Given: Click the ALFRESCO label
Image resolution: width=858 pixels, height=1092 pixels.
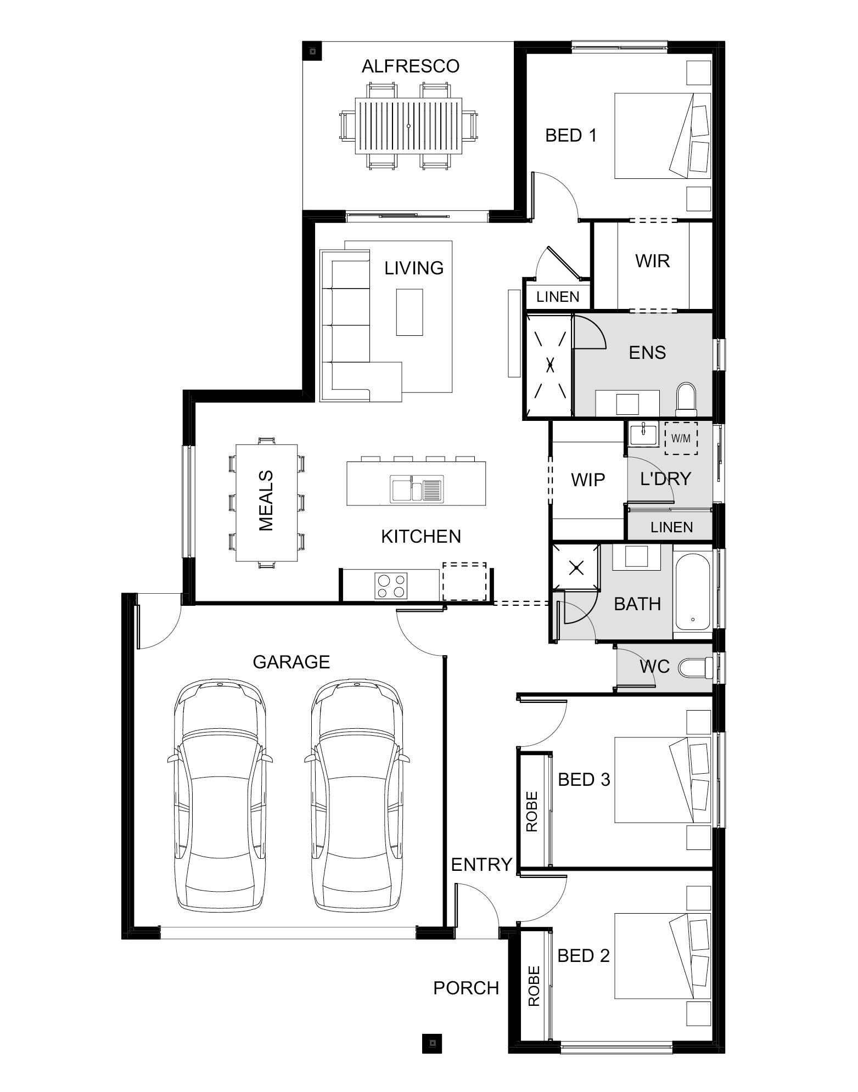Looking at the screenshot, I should click(x=410, y=66).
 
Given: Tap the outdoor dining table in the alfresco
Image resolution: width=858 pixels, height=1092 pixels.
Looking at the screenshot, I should click(x=408, y=126).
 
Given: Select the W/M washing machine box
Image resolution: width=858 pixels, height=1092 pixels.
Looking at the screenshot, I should click(x=681, y=438).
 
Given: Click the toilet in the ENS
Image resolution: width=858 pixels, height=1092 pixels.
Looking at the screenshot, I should click(x=686, y=399).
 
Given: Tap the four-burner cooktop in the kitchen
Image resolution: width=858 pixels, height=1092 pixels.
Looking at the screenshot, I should click(x=391, y=586).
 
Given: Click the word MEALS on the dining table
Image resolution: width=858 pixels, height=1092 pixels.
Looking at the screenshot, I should click(x=266, y=500).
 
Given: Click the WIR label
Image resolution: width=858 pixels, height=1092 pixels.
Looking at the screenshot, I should click(x=652, y=261).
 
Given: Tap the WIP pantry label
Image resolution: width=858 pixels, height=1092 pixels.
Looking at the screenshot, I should click(x=587, y=480).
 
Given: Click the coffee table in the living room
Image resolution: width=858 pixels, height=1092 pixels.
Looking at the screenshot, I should click(x=410, y=312).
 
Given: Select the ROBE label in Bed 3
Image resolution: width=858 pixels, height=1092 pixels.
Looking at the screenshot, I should click(x=532, y=812).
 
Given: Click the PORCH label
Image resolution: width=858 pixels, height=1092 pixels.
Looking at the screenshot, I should click(x=466, y=988).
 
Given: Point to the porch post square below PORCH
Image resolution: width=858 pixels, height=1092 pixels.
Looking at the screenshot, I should click(x=432, y=1042).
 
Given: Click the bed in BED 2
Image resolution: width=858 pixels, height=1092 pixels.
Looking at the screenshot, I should click(x=661, y=955).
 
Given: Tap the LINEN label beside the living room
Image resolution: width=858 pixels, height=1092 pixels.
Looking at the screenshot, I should click(x=558, y=297).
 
